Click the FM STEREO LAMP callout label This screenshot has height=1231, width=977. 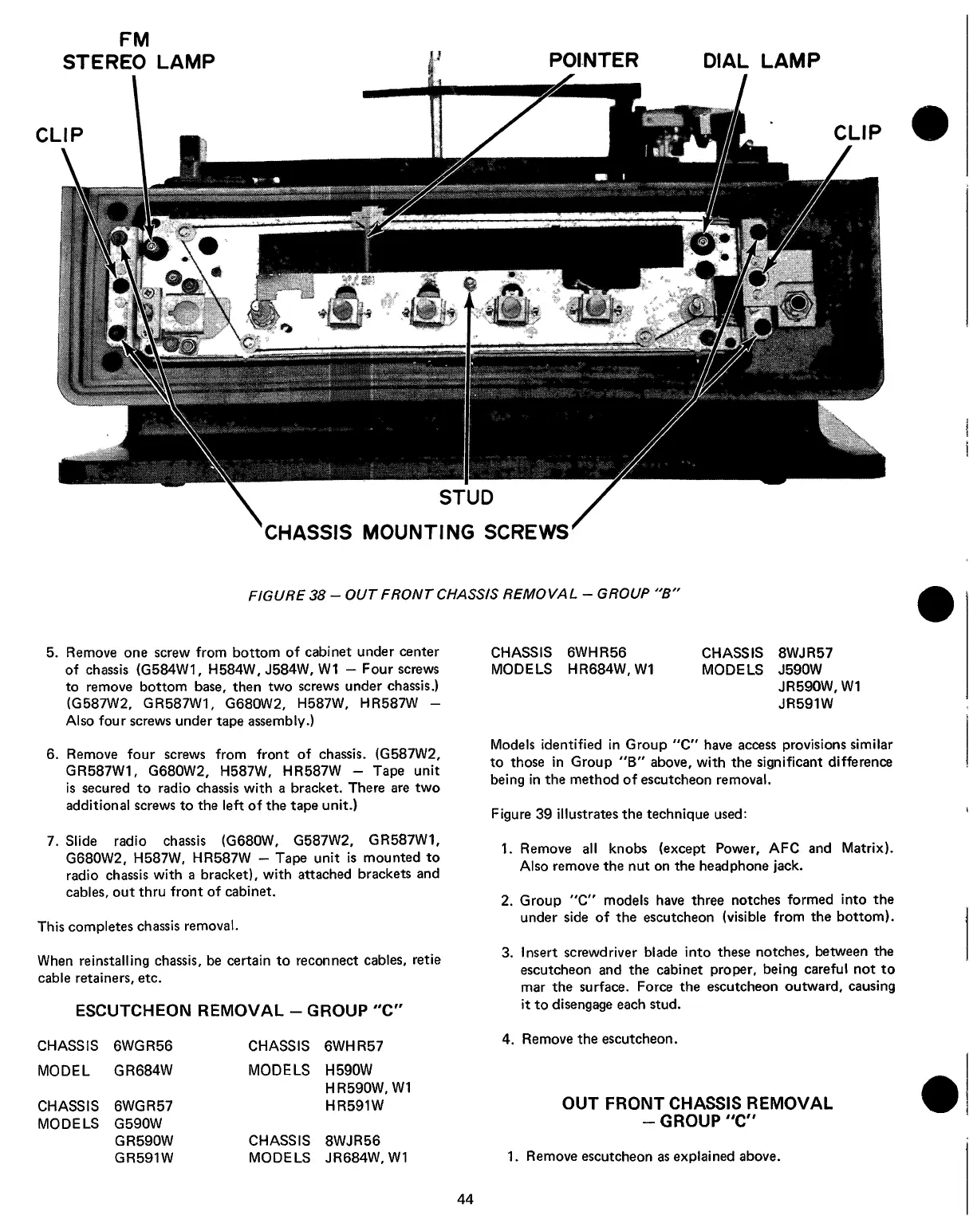click(138, 49)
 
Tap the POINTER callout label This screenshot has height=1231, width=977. click(593, 61)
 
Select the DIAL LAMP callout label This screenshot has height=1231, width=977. click(761, 61)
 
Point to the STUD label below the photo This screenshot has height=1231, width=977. click(467, 498)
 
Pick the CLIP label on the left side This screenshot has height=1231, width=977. click(60, 132)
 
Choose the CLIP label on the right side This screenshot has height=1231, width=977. click(858, 132)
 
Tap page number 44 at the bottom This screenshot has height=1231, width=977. click(466, 1198)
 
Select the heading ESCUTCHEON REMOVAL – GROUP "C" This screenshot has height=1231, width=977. click(241, 1011)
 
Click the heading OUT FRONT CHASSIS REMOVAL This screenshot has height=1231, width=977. click(697, 1103)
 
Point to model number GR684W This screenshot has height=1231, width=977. click(144, 1070)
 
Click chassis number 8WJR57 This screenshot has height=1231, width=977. click(804, 652)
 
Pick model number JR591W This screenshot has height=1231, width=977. click(806, 705)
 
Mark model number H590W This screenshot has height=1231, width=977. click(349, 1070)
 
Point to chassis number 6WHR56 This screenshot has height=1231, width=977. click(596, 652)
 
